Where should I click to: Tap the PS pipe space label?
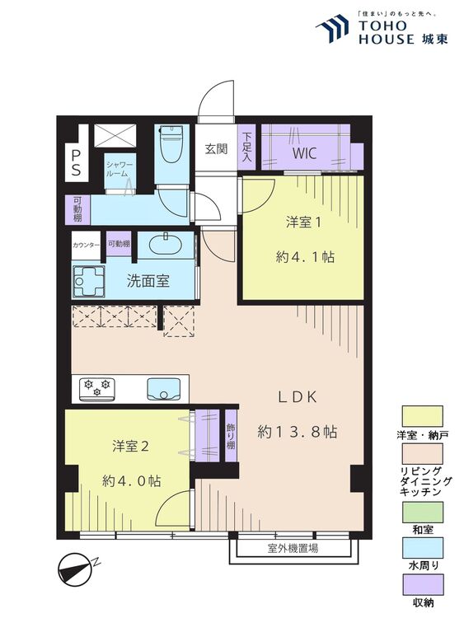click(x=76, y=162)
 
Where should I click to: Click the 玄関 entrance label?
click(x=216, y=148)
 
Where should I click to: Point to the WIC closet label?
click(x=304, y=153)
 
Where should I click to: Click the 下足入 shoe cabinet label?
click(x=246, y=147)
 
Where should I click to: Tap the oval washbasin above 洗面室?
click(x=166, y=246)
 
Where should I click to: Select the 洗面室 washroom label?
click(x=148, y=281)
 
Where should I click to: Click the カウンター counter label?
click(x=87, y=245)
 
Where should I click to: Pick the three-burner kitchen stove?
click(x=97, y=389)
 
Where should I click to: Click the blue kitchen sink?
click(x=164, y=389)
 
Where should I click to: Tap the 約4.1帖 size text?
click(x=305, y=257)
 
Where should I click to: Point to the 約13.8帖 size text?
click(x=298, y=432)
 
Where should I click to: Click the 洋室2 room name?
click(x=130, y=446)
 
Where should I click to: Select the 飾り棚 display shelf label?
click(x=231, y=436)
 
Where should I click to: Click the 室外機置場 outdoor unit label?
click(x=293, y=548)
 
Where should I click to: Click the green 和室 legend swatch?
click(x=422, y=512)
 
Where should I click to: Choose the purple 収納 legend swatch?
click(x=422, y=584)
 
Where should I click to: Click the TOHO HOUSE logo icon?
click(x=333, y=28)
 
